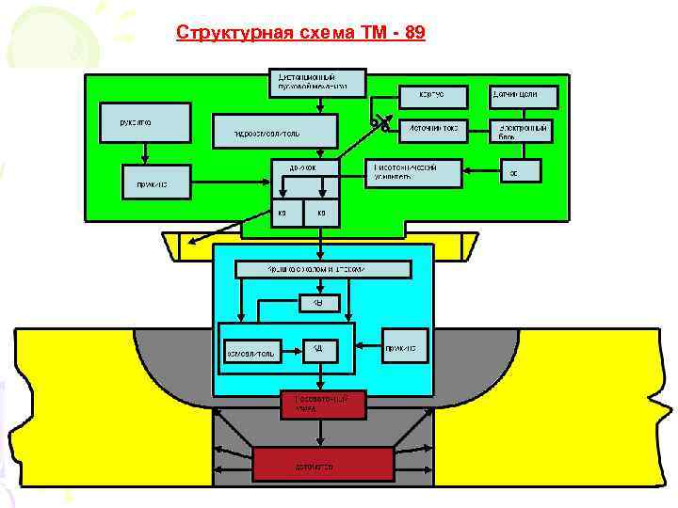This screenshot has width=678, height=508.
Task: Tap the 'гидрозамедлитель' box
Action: coord(274,132)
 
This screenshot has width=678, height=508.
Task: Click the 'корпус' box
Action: coord(434,95)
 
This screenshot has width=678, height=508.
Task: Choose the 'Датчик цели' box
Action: coord(524,95)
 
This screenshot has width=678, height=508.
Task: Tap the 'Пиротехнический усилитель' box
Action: coord(413,171)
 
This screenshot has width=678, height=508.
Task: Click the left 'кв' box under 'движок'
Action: coord(282,213)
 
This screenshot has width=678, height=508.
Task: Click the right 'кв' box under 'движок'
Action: coord(322,213)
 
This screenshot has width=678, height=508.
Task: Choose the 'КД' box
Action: coord(320,349)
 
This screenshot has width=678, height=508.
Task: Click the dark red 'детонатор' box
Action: coord(324,465)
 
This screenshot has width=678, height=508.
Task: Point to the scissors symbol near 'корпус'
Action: coord(379,123)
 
